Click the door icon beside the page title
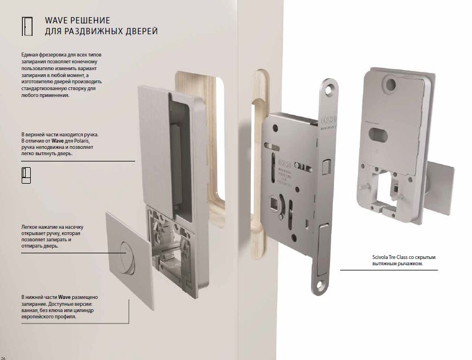pyautogui.click(x=27, y=26)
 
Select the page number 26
pyautogui.click(x=3, y=358)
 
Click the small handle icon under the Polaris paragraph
pyautogui.click(x=26, y=175)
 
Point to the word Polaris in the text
pyautogui.click(x=82, y=141)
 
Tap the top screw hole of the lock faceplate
pyautogui.click(x=331, y=88)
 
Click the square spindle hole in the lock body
pyautogui.click(x=275, y=201)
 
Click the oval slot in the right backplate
pyautogui.click(x=378, y=135)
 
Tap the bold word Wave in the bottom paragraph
pyautogui.click(x=64, y=297)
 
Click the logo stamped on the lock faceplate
pyautogui.click(x=328, y=121)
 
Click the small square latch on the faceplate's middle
pyautogui.click(x=327, y=167)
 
